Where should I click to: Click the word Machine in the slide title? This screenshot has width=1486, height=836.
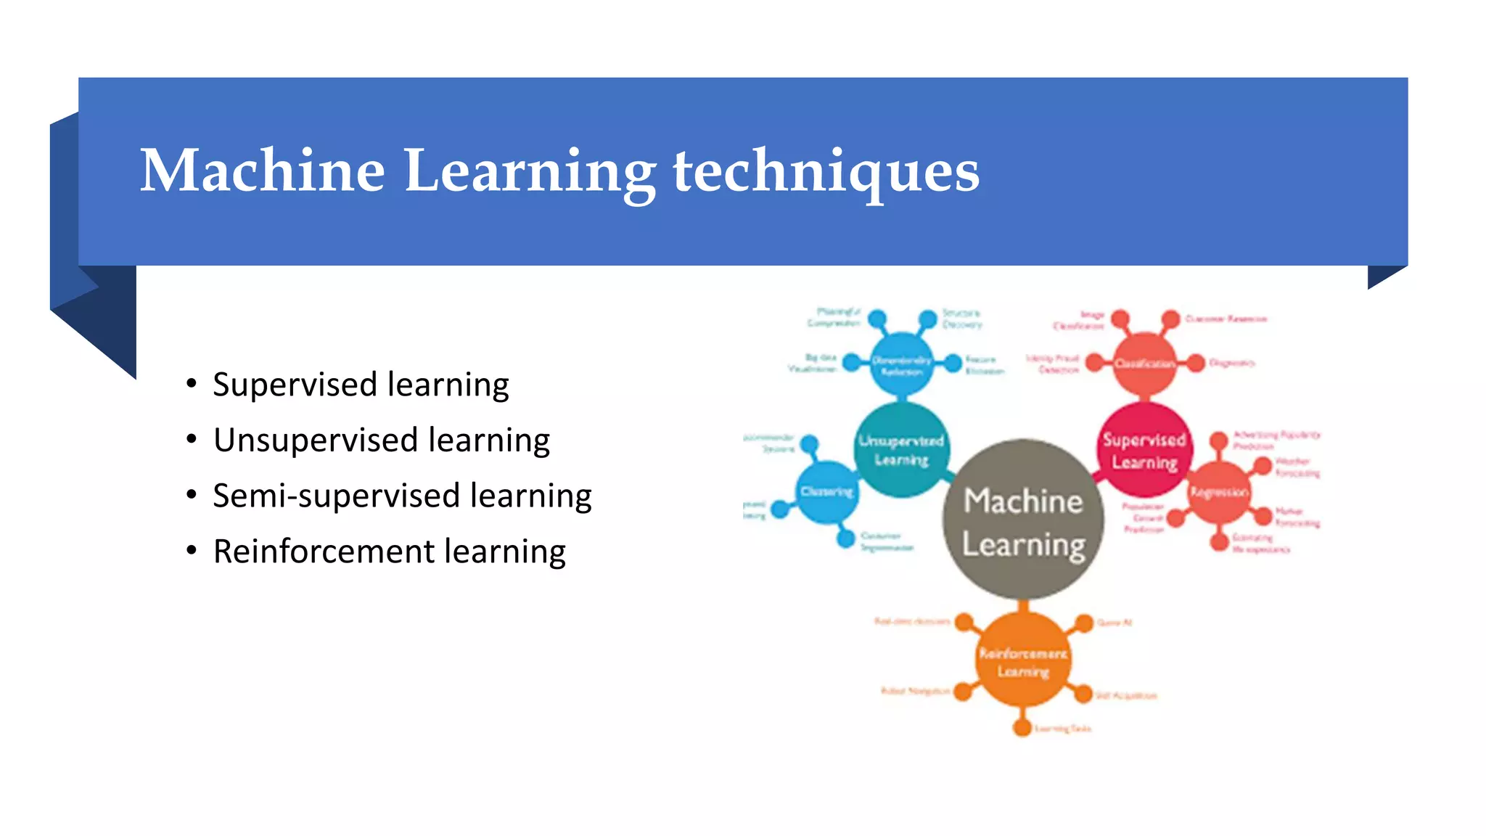[262, 171]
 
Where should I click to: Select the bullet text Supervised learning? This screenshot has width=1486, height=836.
[361, 385]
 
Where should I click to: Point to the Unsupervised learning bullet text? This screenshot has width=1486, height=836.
[381, 440]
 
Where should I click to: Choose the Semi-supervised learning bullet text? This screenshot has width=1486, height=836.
[402, 496]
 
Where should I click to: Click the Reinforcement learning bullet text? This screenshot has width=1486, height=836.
[389, 552]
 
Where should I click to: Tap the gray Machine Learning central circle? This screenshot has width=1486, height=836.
[1023, 520]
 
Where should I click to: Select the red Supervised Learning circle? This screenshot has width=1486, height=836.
[1144, 450]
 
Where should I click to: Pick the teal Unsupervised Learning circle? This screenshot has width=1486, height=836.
[901, 450]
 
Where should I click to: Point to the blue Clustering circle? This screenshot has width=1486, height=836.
[827, 492]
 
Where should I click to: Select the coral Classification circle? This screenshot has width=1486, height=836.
[1144, 364]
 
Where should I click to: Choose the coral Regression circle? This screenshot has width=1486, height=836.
[1219, 493]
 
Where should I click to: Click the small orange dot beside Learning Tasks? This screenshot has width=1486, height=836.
[1022, 727]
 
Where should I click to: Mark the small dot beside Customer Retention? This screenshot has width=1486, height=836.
[1170, 319]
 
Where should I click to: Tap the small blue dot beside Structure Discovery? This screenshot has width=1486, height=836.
[927, 319]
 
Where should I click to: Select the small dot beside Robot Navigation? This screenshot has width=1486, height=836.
[963, 692]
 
